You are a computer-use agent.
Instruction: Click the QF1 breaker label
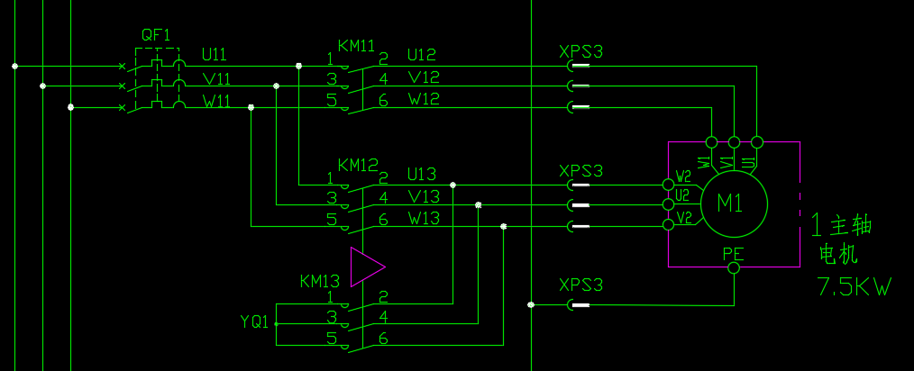click(156, 35)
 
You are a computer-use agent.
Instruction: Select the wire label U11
click(215, 55)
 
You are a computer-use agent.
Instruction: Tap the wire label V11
click(215, 78)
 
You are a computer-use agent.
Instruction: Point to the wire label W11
click(215, 101)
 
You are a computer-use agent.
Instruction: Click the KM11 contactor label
click(356, 45)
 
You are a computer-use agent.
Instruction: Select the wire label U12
click(424, 56)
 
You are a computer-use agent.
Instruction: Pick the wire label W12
click(424, 99)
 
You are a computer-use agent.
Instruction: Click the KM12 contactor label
click(357, 165)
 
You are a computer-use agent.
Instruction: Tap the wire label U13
click(421, 174)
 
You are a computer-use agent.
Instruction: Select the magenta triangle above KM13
click(366, 267)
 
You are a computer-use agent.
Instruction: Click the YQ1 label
click(254, 321)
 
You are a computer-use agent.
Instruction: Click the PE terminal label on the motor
click(733, 254)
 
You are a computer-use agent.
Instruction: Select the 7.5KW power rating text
click(854, 287)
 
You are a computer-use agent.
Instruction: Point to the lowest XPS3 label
click(580, 285)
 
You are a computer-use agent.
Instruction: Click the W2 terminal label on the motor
click(683, 176)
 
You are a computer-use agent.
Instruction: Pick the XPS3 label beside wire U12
click(580, 51)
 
